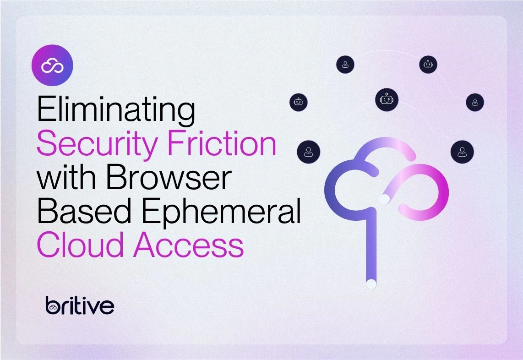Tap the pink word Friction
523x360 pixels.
coord(222,143)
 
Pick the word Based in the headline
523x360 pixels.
coord(84,211)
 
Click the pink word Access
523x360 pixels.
coord(188,245)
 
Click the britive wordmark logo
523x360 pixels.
coord(80,305)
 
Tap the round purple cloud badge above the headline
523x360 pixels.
coord(52,65)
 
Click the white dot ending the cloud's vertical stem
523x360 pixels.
coord(371,284)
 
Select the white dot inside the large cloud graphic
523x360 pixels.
coord(384,199)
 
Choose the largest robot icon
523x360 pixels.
coord(387,99)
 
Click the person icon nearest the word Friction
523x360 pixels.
coord(309,152)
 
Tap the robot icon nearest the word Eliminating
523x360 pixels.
coord(299,102)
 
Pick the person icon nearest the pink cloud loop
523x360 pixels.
coord(462,152)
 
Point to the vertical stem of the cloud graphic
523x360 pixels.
coord(371,247)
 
